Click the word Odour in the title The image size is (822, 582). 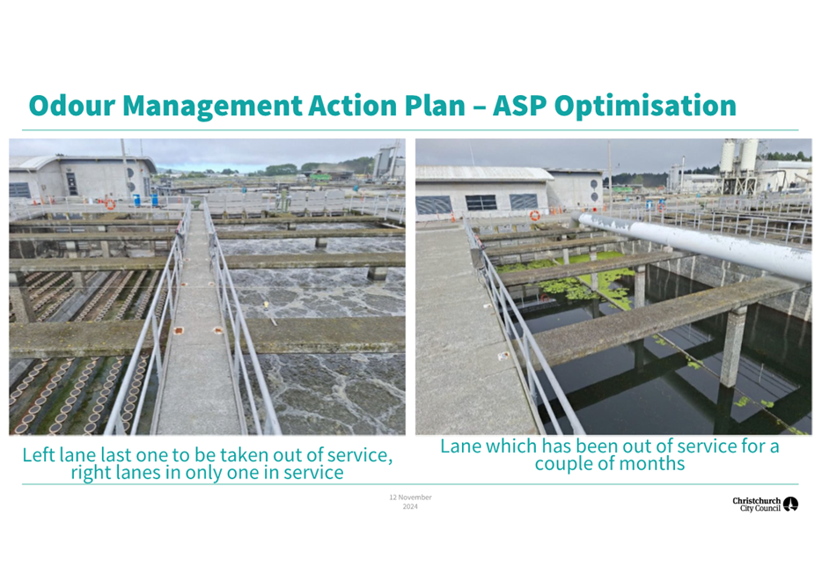pyautogui.click(x=72, y=106)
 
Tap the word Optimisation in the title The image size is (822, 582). pyautogui.click(x=645, y=107)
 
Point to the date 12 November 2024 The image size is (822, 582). pyautogui.click(x=410, y=502)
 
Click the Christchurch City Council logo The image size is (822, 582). pyautogui.click(x=765, y=504)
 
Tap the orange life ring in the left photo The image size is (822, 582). pyautogui.click(x=110, y=204)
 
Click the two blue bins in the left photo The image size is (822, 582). pyautogui.click(x=145, y=200)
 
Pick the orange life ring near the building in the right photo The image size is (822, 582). pyautogui.click(x=535, y=216)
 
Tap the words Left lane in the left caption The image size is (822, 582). pyautogui.click(x=59, y=455)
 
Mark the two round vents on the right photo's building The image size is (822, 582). pyautogui.click(x=594, y=190)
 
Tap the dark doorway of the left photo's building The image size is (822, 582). pyautogui.click(x=71, y=184)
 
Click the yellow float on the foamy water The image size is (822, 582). pyautogui.click(x=267, y=305)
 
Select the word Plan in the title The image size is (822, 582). pyautogui.click(x=435, y=106)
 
